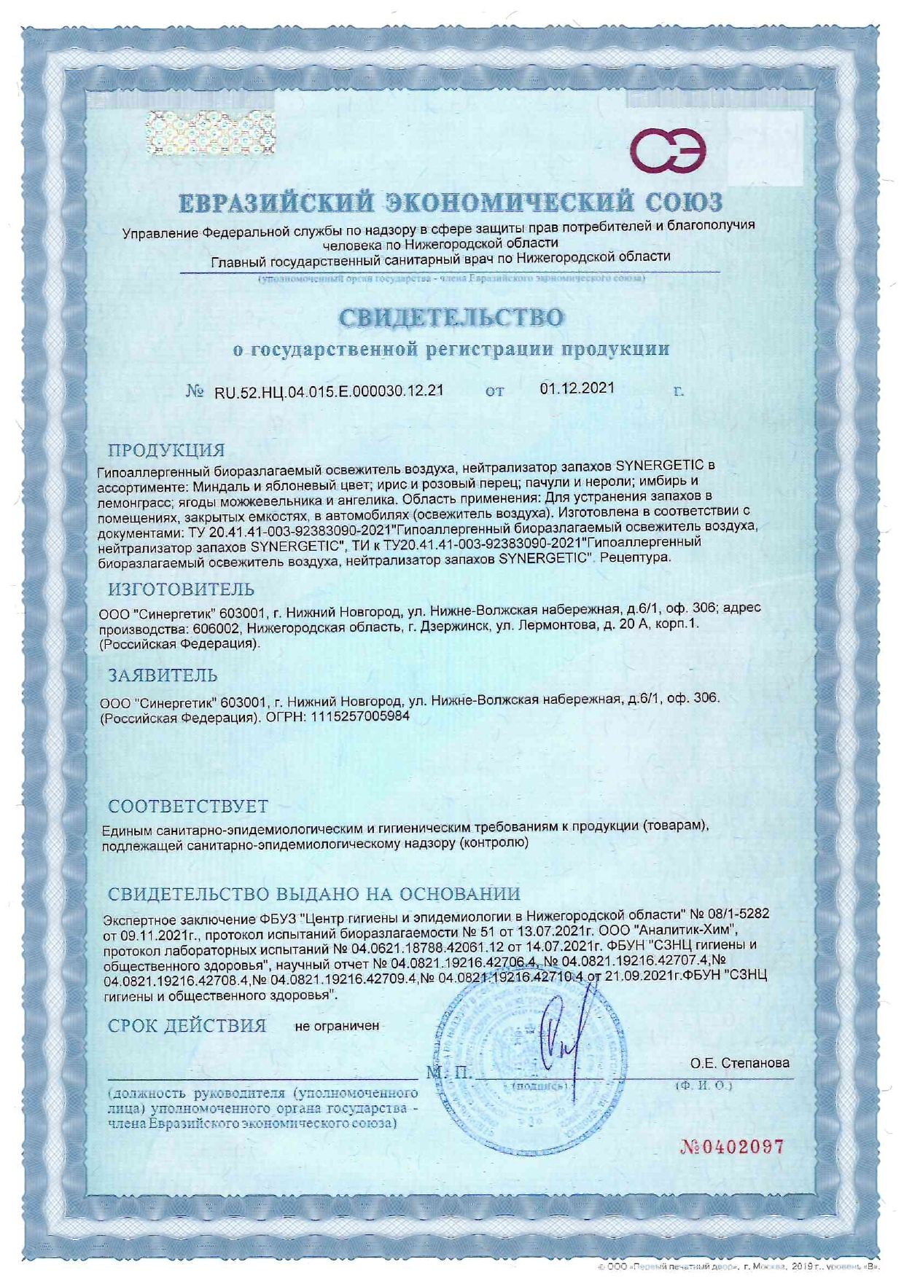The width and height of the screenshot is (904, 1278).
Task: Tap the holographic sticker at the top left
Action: coord(210,133)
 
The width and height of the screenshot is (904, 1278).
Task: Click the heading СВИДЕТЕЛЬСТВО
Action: coord(451,318)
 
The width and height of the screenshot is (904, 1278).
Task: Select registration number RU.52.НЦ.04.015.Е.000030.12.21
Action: coord(329,391)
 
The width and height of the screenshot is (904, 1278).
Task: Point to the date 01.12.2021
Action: coord(577,388)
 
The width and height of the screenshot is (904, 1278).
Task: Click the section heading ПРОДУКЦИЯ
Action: coord(166,450)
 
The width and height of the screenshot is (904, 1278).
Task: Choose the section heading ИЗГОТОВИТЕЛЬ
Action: coord(181,589)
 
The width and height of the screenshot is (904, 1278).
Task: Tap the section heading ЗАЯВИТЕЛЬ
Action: coord(163,675)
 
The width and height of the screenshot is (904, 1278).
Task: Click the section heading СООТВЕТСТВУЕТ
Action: coord(188,807)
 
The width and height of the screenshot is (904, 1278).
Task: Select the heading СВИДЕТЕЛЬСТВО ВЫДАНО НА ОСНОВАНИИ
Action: coord(314,894)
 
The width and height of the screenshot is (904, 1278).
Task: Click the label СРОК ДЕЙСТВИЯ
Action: coord(187,1026)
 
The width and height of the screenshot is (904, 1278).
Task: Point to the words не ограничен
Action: coord(337,1026)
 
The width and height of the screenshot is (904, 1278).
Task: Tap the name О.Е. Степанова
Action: coord(739,1064)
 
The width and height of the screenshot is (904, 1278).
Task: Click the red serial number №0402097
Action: coord(732,1148)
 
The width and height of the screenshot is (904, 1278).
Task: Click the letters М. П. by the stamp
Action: coord(449,1073)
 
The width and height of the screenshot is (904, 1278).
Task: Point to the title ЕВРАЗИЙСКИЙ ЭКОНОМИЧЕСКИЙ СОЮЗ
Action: coord(451,203)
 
